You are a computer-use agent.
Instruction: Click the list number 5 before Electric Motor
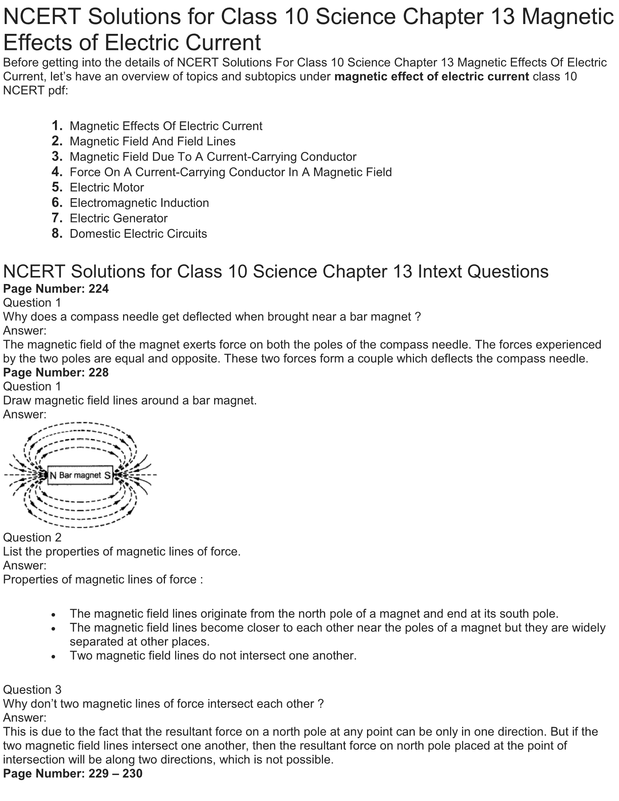[x=57, y=188]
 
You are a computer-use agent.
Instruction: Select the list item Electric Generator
[x=118, y=218]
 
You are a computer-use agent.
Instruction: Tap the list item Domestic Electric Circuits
[x=138, y=234]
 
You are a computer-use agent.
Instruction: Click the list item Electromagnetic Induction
[x=139, y=203]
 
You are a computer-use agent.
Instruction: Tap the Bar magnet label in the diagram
[x=80, y=475]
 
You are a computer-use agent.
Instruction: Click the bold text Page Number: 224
[x=56, y=289]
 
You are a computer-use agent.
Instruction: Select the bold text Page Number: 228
[x=56, y=372]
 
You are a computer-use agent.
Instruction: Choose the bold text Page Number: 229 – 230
[x=72, y=773]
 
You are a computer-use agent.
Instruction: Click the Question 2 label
[x=32, y=537]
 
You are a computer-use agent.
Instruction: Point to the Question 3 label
[x=32, y=690]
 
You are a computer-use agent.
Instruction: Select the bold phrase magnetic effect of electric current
[x=431, y=77]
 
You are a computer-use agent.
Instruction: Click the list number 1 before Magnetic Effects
[x=57, y=126]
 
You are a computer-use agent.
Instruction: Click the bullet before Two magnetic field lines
[x=54, y=656]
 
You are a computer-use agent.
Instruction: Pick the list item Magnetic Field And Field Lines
[x=153, y=141]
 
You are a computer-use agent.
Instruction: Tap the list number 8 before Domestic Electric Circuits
[x=57, y=234]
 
